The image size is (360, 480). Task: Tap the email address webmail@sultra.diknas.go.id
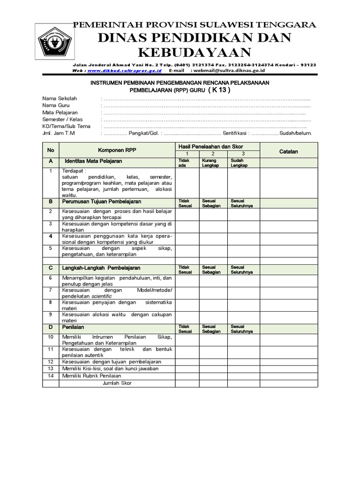(228, 70)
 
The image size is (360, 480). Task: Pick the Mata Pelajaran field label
(60, 113)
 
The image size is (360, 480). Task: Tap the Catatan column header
(289, 151)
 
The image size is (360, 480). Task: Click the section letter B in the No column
(50, 202)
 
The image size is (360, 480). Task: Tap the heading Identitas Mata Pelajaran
(93, 161)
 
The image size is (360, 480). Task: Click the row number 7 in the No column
(50, 290)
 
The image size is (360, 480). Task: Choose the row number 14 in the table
(51, 375)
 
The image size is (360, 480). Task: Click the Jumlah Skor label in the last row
(117, 383)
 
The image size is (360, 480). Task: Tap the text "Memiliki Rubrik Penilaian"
(91, 375)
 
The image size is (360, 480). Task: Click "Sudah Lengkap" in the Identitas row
(239, 163)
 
